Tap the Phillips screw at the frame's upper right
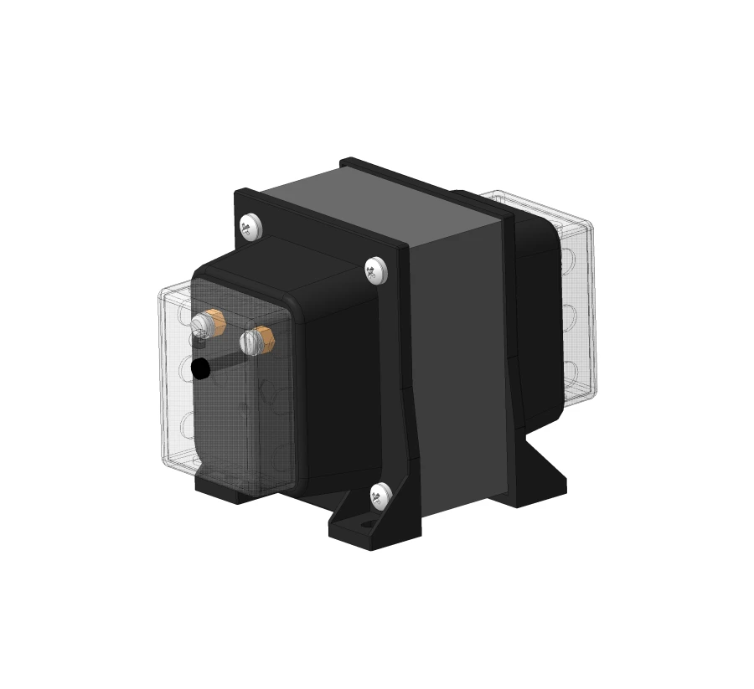point(376,270)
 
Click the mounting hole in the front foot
point(366,527)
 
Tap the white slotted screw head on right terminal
point(249,342)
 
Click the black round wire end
point(201,368)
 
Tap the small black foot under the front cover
point(222,488)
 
